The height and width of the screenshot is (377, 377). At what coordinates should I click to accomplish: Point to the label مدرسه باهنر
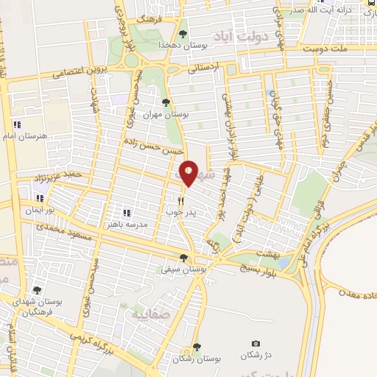point(127,225)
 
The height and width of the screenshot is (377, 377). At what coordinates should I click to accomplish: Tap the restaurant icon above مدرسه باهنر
point(127,213)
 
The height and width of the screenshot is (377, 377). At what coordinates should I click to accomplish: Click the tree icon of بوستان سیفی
point(183,258)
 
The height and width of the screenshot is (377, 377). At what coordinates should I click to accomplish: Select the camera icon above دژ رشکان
point(256,344)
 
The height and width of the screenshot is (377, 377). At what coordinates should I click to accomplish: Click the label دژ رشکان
point(256,356)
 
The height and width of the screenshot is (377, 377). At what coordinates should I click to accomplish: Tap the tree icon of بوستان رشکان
point(196,346)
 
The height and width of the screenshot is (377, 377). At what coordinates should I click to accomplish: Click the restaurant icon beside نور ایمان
point(40,197)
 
